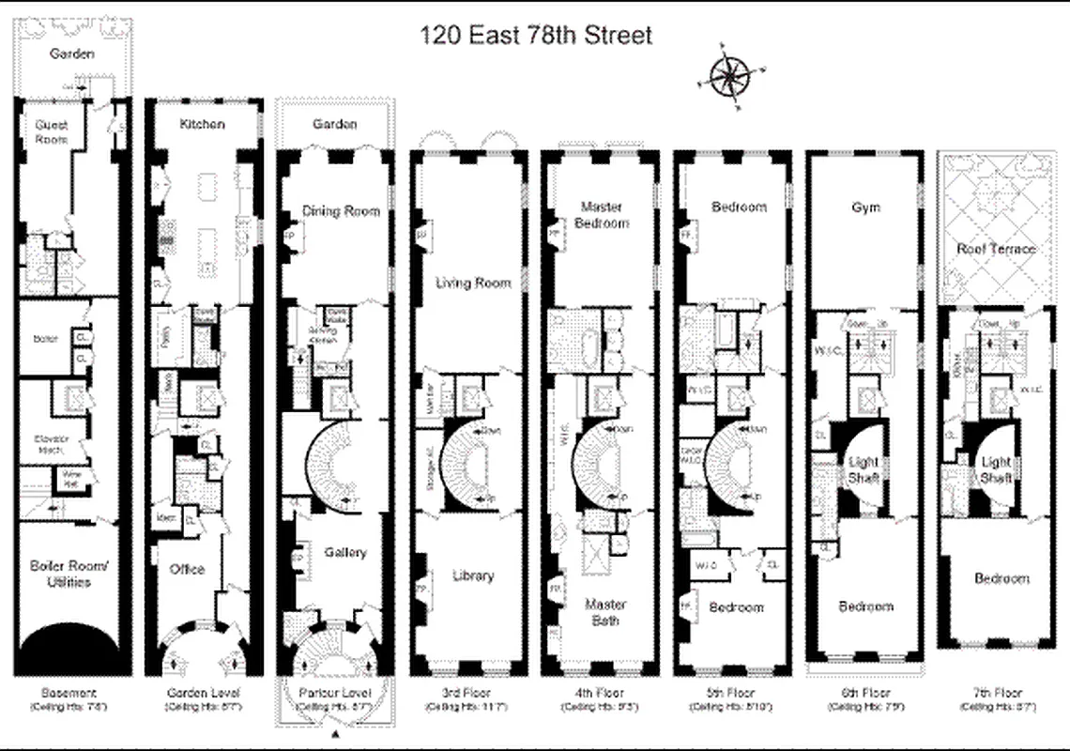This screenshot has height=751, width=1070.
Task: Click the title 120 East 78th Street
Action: click(535, 37)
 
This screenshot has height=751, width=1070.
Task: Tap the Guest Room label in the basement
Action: click(52, 131)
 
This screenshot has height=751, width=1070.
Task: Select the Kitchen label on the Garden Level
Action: click(202, 124)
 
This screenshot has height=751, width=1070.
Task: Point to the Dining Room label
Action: click(341, 211)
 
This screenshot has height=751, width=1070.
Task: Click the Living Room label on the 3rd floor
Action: click(473, 283)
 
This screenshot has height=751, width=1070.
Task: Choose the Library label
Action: click(472, 575)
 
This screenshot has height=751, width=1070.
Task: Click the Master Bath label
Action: click(604, 612)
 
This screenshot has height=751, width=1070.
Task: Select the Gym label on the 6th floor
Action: click(865, 207)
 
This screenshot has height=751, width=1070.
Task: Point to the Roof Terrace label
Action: click(996, 249)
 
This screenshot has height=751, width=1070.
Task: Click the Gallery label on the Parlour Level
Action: click(344, 553)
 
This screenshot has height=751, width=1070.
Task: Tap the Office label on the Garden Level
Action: click(187, 569)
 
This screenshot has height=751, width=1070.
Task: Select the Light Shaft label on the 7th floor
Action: click(996, 469)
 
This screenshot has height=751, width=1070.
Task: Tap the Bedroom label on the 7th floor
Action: click(1001, 579)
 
